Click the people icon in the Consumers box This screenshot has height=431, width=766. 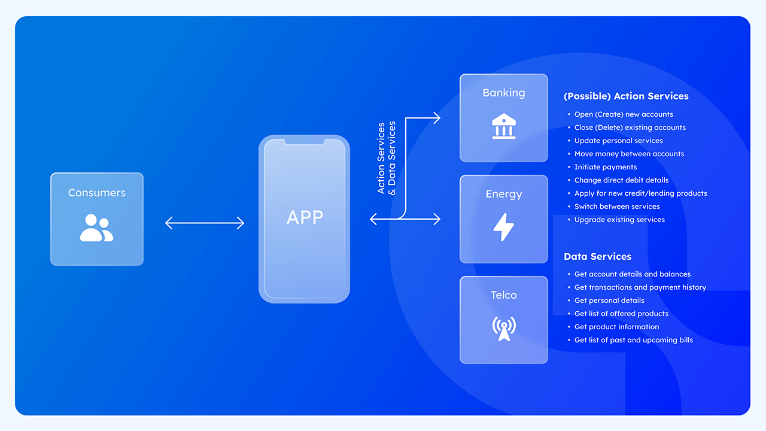coord(96,227)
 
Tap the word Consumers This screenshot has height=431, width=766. coord(97,193)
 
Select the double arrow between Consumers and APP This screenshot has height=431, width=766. coord(205,223)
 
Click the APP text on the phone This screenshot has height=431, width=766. coord(305,217)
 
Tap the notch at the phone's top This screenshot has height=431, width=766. coord(304,142)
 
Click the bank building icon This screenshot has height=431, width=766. coord(503,126)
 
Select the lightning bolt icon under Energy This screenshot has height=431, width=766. coord(503,227)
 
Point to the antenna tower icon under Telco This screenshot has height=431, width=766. coord(503,328)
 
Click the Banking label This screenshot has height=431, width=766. coord(503,93)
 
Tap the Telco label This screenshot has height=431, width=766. coord(503,295)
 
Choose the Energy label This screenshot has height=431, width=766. coord(503,194)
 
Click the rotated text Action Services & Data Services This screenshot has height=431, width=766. coord(387,158)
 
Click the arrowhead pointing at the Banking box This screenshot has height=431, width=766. coord(437,119)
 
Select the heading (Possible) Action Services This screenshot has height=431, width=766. coord(626,96)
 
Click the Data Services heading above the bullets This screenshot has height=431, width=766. coord(597,256)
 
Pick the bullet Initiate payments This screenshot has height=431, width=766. coord(605,167)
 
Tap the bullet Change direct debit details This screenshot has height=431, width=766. coord(621,180)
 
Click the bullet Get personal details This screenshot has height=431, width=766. coord(609,301)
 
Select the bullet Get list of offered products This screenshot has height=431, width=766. coord(621,314)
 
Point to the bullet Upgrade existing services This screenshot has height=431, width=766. coord(619,220)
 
